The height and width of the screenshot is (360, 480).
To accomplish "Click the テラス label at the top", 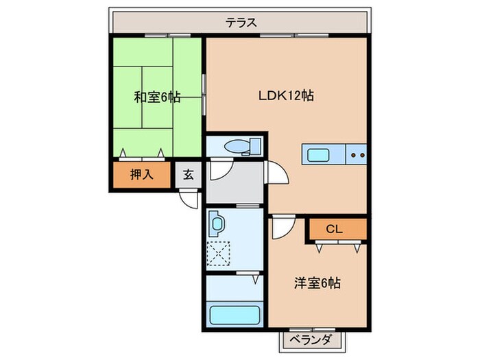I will click(242, 23).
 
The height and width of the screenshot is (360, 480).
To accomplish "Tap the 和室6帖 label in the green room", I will click(157, 97).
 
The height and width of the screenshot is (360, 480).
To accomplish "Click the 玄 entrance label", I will click(188, 175).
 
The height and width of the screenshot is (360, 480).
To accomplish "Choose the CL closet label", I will click(334, 228).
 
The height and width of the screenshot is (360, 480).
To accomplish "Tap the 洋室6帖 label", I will click(318, 282).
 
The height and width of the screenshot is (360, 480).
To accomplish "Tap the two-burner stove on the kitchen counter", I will click(357, 154).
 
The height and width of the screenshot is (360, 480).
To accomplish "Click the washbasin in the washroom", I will click(218, 224).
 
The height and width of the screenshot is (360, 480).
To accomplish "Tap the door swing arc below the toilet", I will click(219, 168).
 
